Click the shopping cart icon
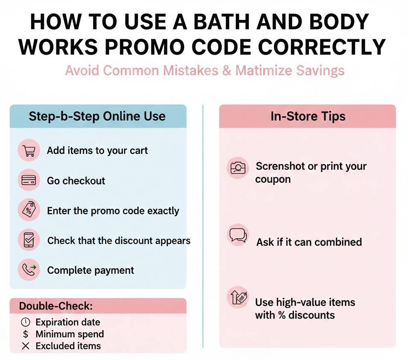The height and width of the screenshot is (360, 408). pyautogui.click(x=29, y=151)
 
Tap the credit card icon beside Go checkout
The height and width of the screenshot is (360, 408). pyautogui.click(x=29, y=181)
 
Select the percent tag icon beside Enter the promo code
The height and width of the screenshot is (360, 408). pyautogui.click(x=29, y=210)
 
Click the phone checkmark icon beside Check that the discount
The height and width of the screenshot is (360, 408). pyautogui.click(x=29, y=240)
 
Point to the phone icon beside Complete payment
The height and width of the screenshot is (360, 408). pyautogui.click(x=29, y=270)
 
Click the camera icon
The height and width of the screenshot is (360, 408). pyautogui.click(x=238, y=168)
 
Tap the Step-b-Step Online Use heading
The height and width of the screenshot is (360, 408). pyautogui.click(x=97, y=116)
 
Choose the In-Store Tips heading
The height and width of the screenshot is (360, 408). pyautogui.click(x=308, y=116)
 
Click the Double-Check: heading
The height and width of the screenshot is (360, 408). pyautogui.click(x=56, y=306)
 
